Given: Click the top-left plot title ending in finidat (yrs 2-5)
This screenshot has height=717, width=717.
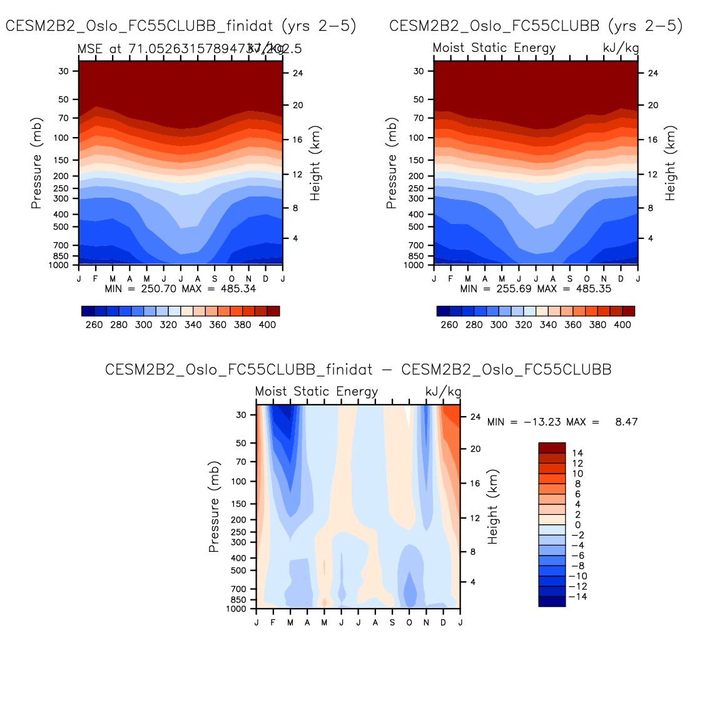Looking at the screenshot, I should point(181,26).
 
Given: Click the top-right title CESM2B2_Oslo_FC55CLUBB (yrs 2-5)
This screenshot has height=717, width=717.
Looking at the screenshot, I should point(536,26).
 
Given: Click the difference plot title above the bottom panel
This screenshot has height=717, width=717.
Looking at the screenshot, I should point(358,370).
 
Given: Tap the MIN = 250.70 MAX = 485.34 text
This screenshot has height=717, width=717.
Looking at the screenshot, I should point(180,289).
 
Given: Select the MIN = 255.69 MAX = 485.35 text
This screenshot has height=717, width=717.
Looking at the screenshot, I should point(536,289).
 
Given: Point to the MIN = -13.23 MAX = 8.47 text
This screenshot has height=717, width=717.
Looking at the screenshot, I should point(562,422).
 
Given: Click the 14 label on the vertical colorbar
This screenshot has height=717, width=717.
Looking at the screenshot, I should point(577,453).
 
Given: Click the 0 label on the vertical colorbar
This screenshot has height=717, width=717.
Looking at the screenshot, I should point(577,525).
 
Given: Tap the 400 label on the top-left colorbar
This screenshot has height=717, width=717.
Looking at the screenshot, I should point(267,325).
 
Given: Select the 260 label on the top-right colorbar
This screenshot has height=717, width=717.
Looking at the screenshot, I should point(449,325).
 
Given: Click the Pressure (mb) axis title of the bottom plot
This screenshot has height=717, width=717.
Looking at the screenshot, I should point(214,507).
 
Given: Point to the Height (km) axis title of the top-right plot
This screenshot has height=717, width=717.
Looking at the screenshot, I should point(670,163).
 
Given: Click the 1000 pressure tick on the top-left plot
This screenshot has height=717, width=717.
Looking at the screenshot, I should point(59,265).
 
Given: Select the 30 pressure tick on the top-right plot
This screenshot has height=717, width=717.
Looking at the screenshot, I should point(419,71).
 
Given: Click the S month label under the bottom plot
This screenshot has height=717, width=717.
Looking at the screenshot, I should point(392,623).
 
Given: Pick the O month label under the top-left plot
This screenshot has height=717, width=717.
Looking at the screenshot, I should point(231,278).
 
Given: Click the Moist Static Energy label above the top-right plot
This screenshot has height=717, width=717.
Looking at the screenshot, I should point(494,48).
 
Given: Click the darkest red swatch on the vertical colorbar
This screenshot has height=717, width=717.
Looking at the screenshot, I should point(552,447).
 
